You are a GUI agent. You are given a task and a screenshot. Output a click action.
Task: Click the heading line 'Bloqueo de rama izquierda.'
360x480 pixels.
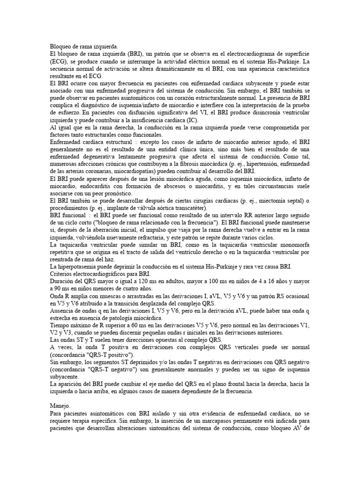pos(84,47)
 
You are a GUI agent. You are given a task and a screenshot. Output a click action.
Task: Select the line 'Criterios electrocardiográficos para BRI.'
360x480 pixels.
pos(100,274)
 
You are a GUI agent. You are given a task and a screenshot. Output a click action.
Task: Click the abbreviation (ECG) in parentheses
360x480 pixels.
pos(59,61)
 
